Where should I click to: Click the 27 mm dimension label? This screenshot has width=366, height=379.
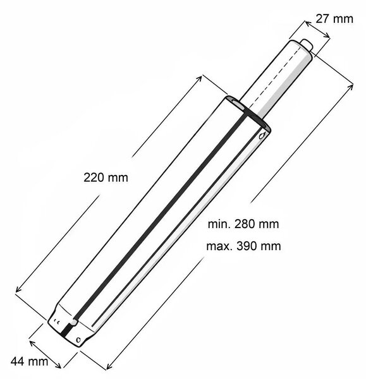tap(334, 19)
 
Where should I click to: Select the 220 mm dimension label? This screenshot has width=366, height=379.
tap(106, 177)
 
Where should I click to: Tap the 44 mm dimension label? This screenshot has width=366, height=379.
tap(29, 361)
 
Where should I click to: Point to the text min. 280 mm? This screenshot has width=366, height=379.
tap(243, 224)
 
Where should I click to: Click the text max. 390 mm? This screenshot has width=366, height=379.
tap(243, 246)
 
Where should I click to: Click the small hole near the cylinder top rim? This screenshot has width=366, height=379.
tap(262, 136)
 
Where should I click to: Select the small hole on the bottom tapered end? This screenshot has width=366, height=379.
tap(78, 340)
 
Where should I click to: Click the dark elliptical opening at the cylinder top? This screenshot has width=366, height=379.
tap(247, 111)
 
